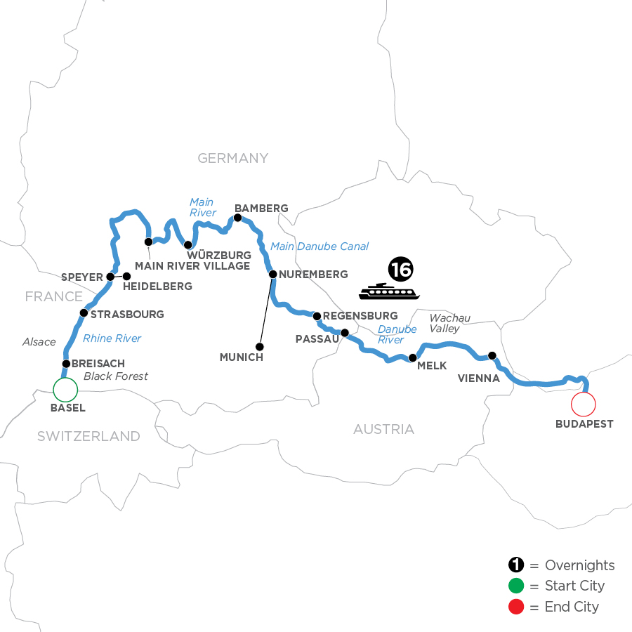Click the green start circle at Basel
point(65,390)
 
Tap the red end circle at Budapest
point(584,404)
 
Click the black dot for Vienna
point(492,355)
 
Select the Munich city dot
point(260,346)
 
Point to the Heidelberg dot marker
point(127,277)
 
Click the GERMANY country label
point(233,158)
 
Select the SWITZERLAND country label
point(88,436)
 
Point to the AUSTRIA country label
point(383,429)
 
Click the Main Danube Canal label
point(320,246)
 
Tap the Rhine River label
point(112,338)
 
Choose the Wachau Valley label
point(445,322)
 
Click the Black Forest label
point(116,376)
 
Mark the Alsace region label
point(39,342)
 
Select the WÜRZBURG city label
point(218,254)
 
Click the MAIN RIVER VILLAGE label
point(192,266)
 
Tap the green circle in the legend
point(516,586)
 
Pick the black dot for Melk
point(413,358)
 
